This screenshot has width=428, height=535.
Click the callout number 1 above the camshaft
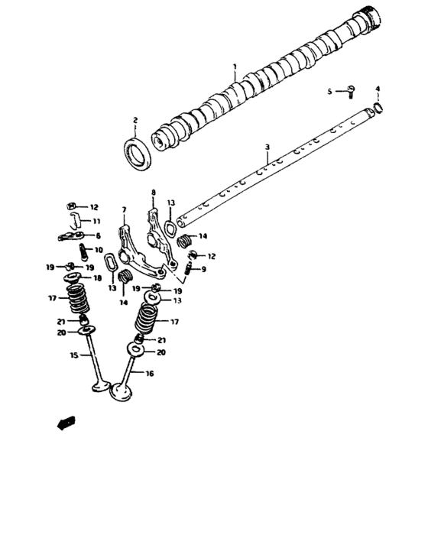pos(235,66)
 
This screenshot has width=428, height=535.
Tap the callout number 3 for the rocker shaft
pos(267,147)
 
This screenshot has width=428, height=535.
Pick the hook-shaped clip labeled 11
pos(73,220)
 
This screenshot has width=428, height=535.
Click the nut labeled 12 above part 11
pos(70,206)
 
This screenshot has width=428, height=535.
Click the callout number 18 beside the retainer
pos(96,279)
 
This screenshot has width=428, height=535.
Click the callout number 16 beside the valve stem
pos(149,374)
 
